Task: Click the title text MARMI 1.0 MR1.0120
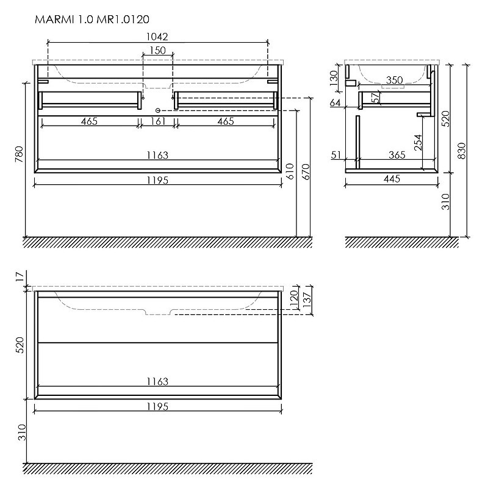pyautogui.click(x=92, y=20)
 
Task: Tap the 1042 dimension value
pyautogui.click(x=157, y=37)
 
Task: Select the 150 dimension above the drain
pyautogui.click(x=158, y=50)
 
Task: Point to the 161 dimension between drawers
pyautogui.click(x=158, y=121)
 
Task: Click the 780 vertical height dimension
pyautogui.click(x=19, y=154)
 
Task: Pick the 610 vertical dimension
pyautogui.click(x=290, y=171)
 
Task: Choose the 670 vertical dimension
pyautogui.click(x=306, y=172)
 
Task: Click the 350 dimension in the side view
pyautogui.click(x=394, y=80)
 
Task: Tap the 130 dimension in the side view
pyautogui.click(x=334, y=78)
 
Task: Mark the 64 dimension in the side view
pyautogui.click(x=335, y=102)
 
